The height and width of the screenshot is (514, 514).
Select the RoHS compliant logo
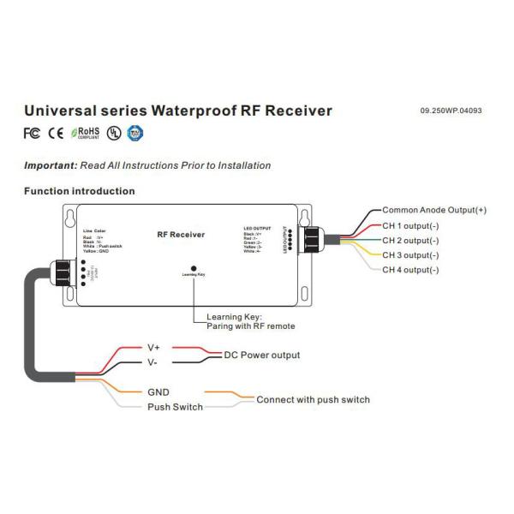pos(86,133)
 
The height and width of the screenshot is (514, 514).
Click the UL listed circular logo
pos(114,133)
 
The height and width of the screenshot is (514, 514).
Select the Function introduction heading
pos(79,191)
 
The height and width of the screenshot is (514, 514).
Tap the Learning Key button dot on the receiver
pos(194,268)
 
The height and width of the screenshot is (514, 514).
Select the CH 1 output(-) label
pos(410,225)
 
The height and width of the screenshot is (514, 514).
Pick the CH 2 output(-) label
pos(410,240)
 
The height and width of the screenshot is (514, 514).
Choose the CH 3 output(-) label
pos(410,255)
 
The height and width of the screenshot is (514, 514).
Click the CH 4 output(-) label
pos(410,270)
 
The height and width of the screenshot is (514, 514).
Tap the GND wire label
pos(159,391)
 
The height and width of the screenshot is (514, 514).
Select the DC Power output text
pos(262,355)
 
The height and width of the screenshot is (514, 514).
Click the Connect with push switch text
pos(314,399)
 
